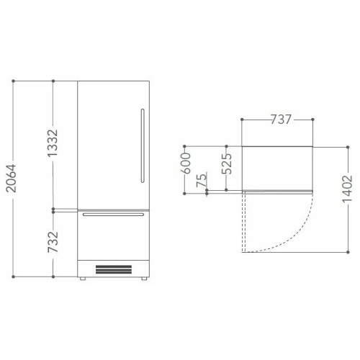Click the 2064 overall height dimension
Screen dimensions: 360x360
[12, 179]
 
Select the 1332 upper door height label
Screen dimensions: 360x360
[53, 143]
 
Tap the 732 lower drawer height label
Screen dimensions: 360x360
[53, 242]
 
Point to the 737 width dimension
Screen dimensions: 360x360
[281, 120]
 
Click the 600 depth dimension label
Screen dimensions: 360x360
[186, 163]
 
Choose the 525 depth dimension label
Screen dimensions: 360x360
[227, 163]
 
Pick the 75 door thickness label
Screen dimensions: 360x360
[201, 180]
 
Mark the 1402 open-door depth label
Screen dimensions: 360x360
[348, 189]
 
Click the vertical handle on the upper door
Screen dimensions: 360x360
[143, 145]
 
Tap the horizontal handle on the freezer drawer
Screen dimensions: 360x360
[113, 215]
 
